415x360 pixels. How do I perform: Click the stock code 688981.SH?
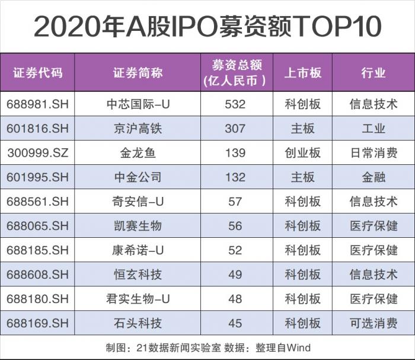38,104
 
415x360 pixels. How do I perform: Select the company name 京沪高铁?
138,129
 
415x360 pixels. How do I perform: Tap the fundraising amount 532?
235,104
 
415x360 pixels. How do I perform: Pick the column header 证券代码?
38,73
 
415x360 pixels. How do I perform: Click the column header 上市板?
303,73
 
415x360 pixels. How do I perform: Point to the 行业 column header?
373,73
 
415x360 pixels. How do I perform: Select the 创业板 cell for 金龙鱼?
303,153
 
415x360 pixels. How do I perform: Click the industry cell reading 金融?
373,177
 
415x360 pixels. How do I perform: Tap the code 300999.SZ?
38,153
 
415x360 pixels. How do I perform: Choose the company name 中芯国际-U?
138,104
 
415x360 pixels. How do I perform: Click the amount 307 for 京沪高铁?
235,129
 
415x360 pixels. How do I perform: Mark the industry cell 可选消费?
373,323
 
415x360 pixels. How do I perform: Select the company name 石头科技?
138,323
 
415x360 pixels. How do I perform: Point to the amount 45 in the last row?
235,323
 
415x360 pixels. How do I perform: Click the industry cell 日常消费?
373,153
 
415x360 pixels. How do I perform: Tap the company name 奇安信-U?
138,202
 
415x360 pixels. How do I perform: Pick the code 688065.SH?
38,226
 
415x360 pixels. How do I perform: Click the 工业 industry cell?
373,129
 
